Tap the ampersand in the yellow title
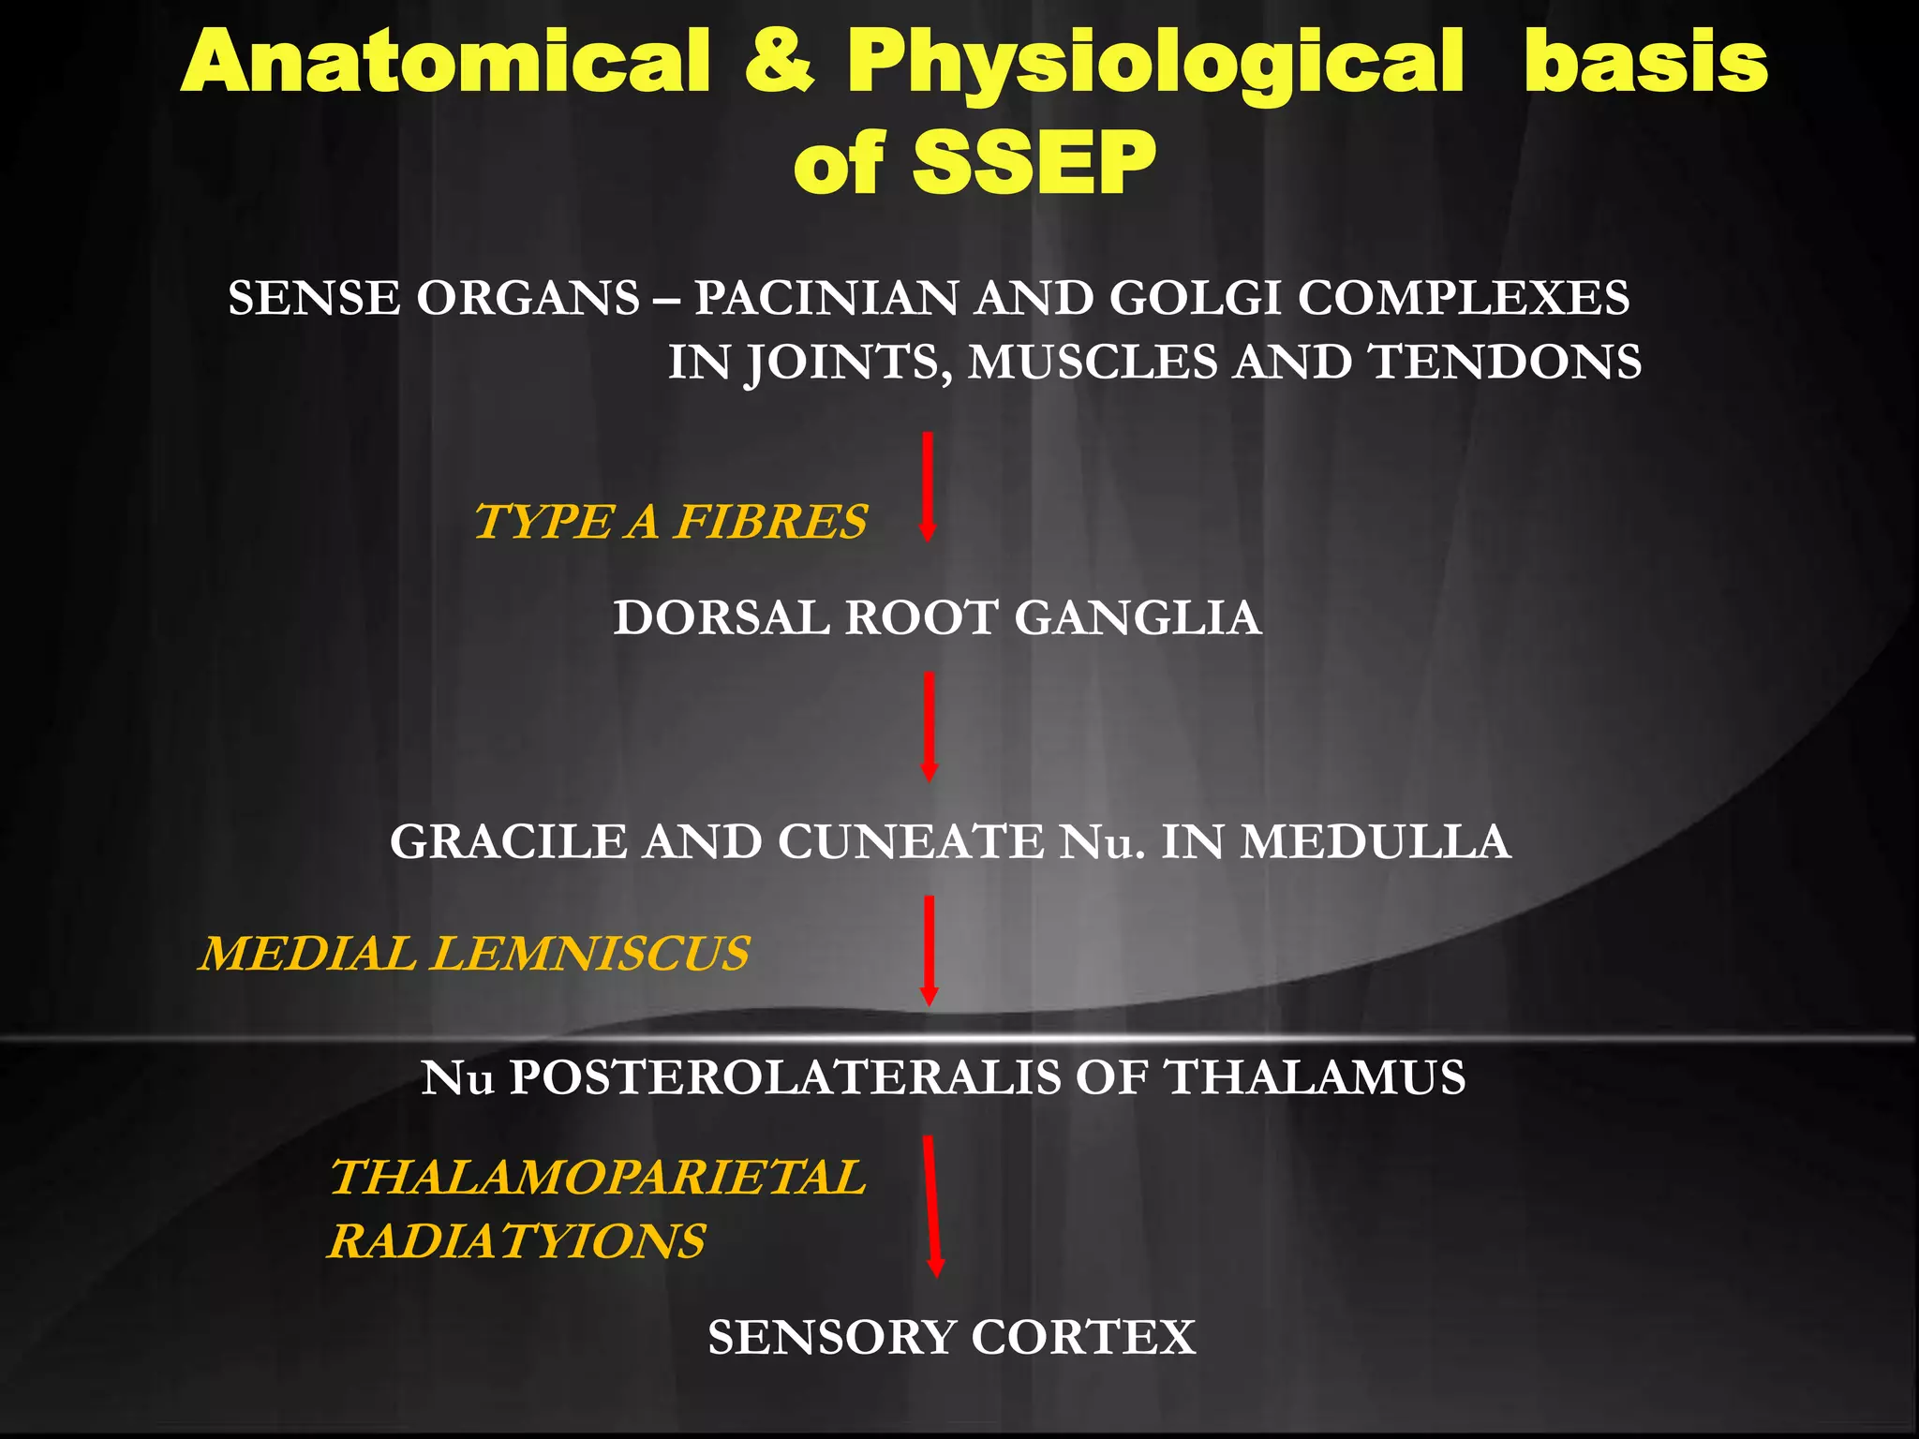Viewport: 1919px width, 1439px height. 780,62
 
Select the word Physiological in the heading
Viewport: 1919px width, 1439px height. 1154,62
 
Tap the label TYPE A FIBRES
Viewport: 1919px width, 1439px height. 671,522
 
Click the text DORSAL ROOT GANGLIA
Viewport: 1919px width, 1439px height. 937,618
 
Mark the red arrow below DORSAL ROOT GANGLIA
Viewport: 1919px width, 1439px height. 929,726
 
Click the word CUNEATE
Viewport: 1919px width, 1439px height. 909,841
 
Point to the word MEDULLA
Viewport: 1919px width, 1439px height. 1376,841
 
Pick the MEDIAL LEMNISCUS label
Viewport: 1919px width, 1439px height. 474,954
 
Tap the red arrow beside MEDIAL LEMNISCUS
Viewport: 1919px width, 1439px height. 929,950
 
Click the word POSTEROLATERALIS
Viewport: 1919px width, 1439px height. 785,1077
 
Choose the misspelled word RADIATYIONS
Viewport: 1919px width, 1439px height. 517,1241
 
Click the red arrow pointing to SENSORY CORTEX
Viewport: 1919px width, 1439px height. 931,1206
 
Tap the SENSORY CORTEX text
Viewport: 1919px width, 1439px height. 951,1337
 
